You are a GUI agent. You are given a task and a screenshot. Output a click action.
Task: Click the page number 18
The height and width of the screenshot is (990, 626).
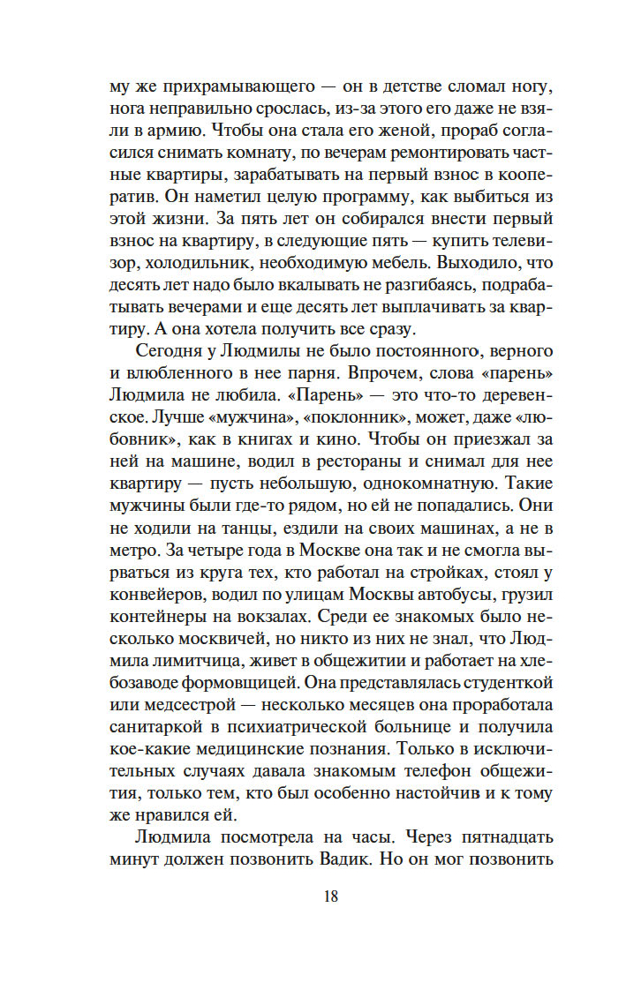(x=330, y=896)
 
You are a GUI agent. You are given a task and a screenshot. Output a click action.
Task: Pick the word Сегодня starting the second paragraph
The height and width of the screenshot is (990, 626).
(x=170, y=352)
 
